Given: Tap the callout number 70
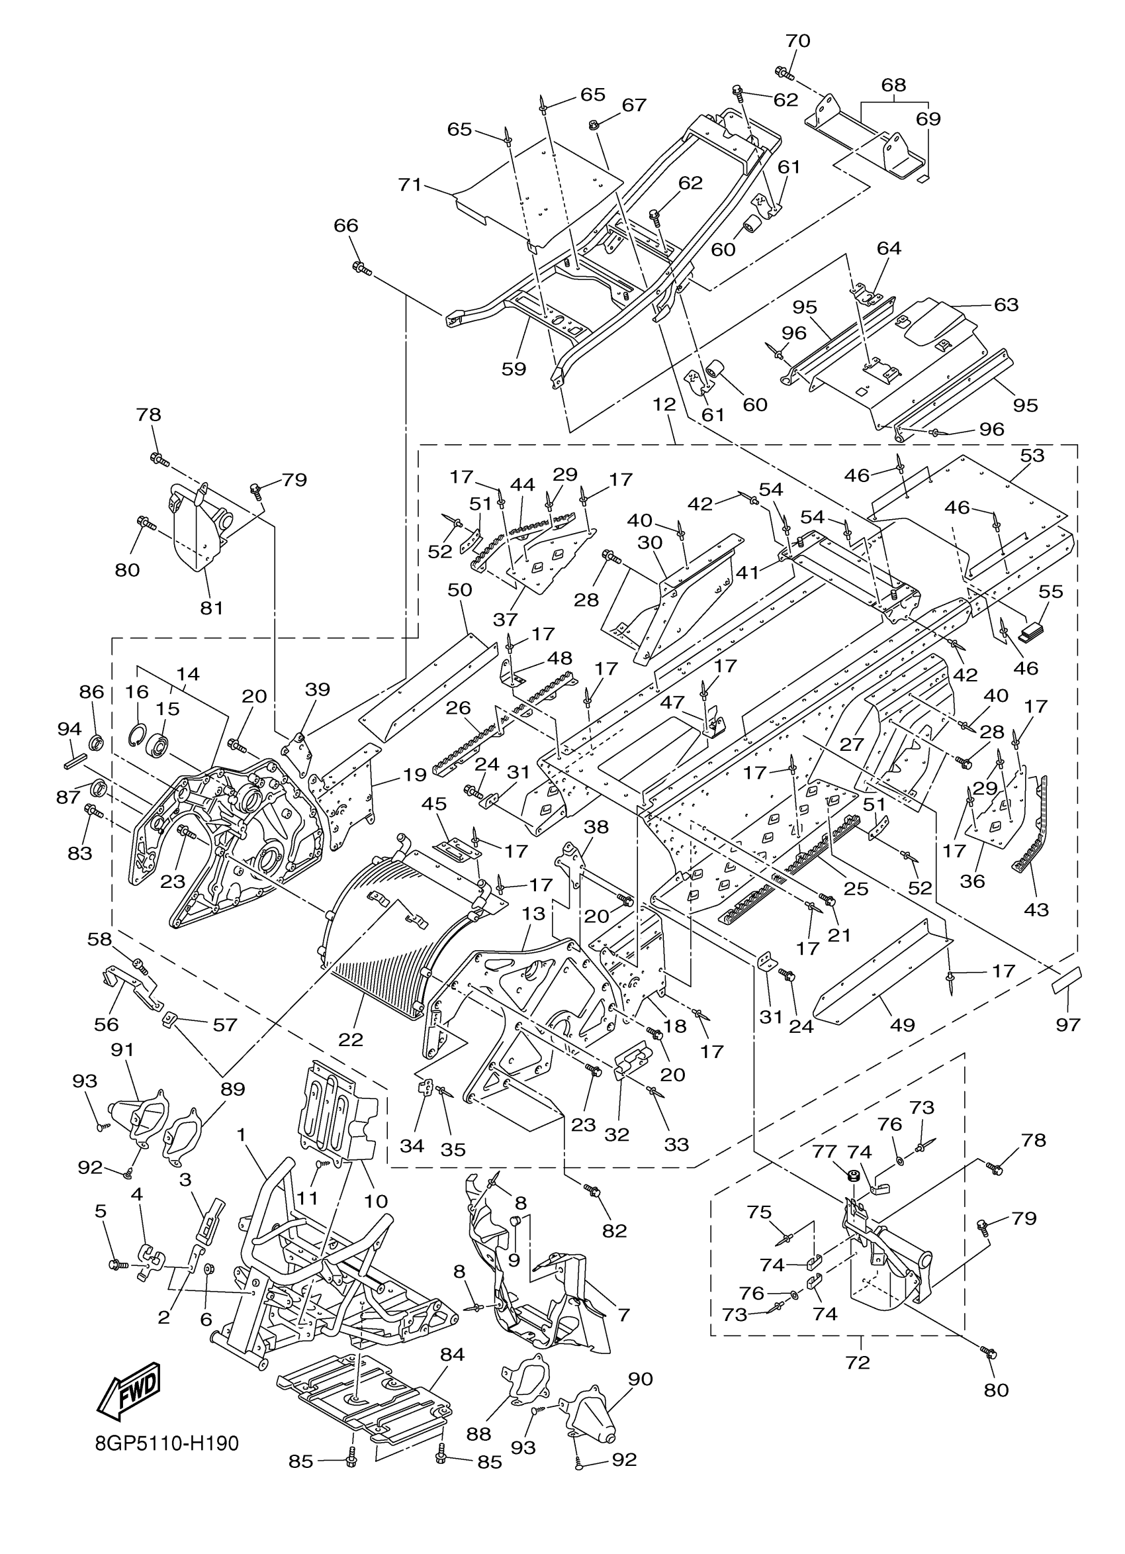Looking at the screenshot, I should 797,41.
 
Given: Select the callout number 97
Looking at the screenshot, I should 1067,1024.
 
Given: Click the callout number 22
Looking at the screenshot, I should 351,1040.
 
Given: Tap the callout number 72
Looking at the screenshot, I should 857,1363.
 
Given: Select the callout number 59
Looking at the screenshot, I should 514,369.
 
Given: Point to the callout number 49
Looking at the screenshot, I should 902,1025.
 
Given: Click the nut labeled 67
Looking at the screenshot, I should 594,124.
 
